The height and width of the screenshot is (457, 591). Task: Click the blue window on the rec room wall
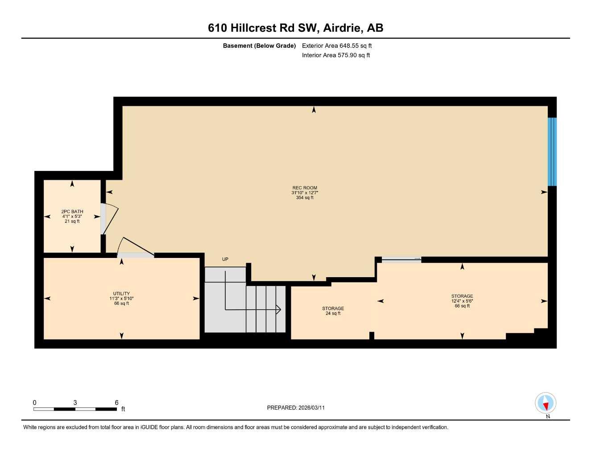(552, 152)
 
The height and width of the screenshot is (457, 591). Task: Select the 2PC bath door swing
(110, 219)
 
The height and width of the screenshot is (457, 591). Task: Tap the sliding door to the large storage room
(401, 259)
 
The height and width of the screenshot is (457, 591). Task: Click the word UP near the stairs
(225, 259)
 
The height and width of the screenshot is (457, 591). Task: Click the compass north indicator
(546, 404)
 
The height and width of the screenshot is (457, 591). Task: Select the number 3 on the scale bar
(75, 403)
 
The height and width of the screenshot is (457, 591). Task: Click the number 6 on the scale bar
(117, 403)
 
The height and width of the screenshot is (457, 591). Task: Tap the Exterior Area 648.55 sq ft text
(337, 46)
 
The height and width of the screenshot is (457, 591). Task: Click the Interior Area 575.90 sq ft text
(336, 55)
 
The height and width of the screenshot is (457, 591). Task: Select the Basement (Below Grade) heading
(259, 46)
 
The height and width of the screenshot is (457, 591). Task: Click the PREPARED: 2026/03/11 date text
(296, 407)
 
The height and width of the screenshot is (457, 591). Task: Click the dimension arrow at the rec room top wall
(314, 110)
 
